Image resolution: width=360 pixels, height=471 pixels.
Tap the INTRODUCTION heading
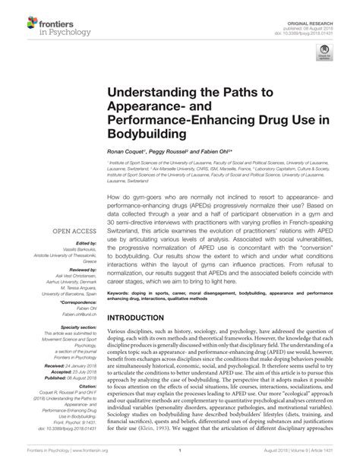[147, 338]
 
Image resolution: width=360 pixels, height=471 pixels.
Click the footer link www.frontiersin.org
[90, 461]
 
